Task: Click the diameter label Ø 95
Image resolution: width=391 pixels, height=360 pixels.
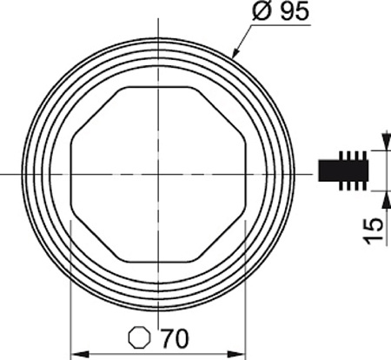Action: coord(281,11)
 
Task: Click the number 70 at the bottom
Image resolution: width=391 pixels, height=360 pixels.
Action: coord(175,338)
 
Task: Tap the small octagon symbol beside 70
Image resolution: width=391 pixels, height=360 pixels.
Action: coord(140,337)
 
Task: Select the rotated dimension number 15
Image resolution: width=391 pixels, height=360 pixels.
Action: coord(374,231)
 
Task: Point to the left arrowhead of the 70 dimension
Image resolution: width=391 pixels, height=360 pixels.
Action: coord(80,354)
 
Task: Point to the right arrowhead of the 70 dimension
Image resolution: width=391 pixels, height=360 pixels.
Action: coord(236,354)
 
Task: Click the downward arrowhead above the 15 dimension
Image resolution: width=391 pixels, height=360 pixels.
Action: coord(386,141)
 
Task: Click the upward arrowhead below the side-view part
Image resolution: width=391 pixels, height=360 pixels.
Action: coord(386,200)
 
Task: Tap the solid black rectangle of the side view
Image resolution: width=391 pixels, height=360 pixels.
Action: coord(343,170)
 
